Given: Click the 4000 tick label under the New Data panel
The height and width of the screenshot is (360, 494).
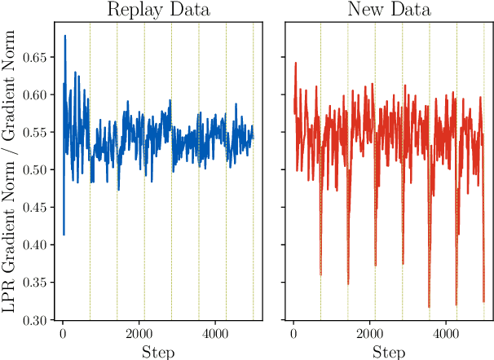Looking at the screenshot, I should tap(445, 334).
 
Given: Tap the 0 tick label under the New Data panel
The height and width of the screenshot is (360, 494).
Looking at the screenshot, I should tap(293, 334).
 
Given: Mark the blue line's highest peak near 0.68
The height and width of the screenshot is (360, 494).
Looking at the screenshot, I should tap(65, 36).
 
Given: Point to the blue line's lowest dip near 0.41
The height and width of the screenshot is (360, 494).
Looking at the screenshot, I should tap(64, 235).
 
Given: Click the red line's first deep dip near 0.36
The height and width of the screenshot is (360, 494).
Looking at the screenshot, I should tap(320, 274).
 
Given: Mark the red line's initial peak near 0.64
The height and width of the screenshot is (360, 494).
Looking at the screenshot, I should tap(296, 63).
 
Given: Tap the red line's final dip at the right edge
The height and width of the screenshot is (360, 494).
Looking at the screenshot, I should tap(483, 301).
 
